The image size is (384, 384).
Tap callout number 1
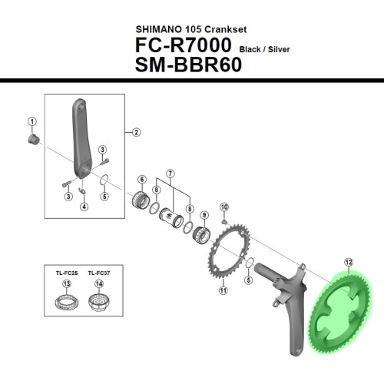click(32, 121)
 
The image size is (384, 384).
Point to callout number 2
click(136, 132)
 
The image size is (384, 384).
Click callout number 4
click(84, 206)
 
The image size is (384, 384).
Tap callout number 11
click(223, 291)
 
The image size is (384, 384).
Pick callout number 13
click(67, 284)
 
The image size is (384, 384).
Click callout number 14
click(98, 284)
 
